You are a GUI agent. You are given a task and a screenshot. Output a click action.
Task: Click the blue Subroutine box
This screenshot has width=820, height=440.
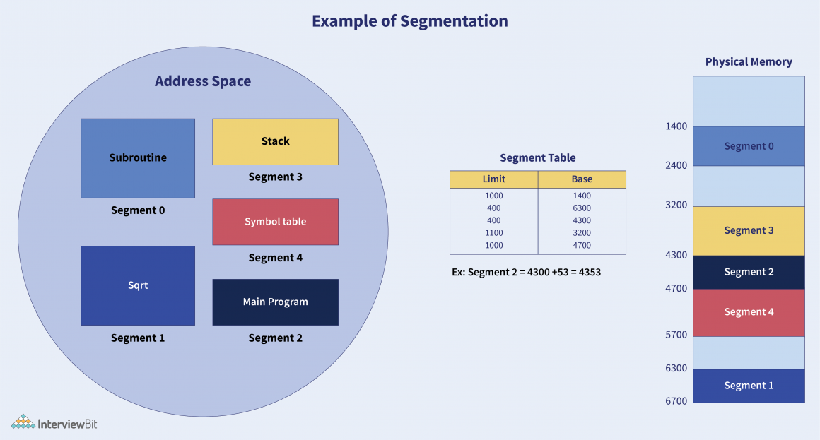click(138, 158)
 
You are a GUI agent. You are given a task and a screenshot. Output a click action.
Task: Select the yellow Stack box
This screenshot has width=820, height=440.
click(275, 141)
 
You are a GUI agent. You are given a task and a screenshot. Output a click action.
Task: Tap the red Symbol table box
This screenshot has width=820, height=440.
click(275, 222)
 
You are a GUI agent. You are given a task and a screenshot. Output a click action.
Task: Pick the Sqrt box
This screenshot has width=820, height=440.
click(138, 285)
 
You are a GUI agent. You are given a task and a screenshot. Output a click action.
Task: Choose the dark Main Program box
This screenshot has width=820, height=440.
click(275, 302)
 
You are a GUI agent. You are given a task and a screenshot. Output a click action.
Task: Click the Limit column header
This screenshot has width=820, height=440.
click(493, 179)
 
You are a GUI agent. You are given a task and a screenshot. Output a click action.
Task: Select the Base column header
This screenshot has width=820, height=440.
click(582, 179)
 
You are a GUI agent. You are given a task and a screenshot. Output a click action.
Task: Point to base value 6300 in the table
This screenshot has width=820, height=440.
click(582, 208)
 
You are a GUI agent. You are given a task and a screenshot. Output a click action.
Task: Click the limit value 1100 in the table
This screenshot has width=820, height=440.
click(493, 233)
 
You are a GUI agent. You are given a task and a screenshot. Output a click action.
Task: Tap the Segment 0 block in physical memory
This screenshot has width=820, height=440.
click(749, 146)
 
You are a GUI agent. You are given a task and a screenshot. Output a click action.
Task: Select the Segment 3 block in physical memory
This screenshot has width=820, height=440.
click(749, 230)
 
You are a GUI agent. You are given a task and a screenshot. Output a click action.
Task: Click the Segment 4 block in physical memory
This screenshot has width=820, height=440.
click(749, 312)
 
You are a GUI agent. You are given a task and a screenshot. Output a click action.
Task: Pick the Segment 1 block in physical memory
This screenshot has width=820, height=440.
click(749, 386)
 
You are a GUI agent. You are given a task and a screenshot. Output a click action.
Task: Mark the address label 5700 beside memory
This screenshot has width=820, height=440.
click(676, 335)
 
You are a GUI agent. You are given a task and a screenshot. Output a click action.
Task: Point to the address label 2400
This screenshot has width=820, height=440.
click(676, 165)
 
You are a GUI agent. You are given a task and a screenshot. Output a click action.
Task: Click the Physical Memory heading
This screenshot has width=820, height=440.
click(749, 62)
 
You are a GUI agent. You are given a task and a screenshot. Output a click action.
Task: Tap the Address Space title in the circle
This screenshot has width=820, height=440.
click(203, 81)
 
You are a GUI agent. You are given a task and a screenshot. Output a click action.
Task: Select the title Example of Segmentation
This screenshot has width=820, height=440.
click(410, 21)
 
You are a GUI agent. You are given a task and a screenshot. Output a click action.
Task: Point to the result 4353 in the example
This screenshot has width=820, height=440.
click(589, 272)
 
